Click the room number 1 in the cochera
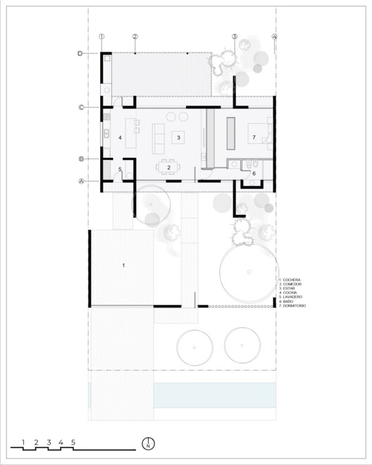coord(124,266)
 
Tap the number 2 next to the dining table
coord(169,167)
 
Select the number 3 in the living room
coord(179,137)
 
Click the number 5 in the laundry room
coord(120,169)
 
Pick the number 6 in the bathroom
coord(254,173)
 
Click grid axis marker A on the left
coord(81,181)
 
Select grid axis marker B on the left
coord(81,159)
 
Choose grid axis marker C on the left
coord(81,107)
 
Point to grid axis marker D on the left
coord(81,53)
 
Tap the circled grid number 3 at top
coord(235,37)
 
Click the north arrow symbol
coord(148,443)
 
